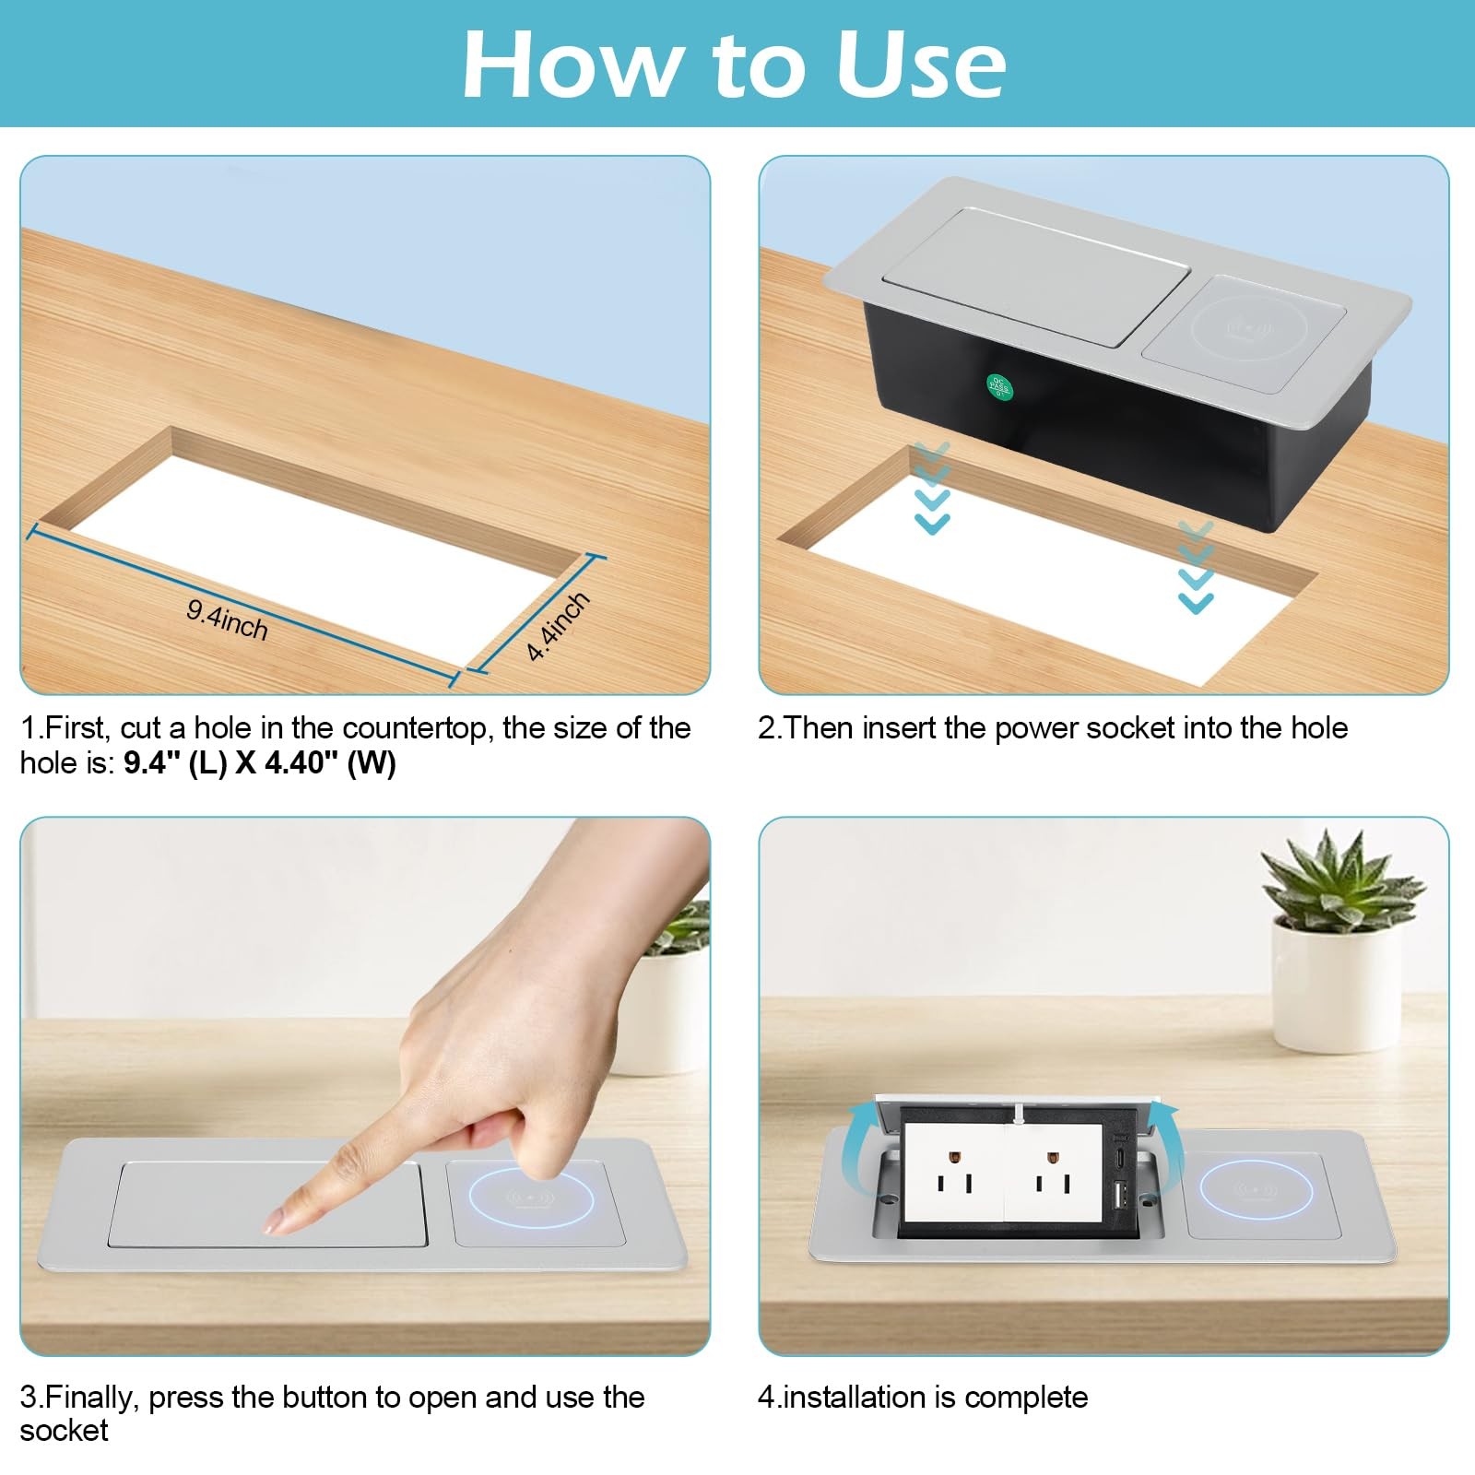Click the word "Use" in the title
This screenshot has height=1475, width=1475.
[x=919, y=64]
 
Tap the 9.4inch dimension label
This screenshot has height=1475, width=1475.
[x=227, y=620]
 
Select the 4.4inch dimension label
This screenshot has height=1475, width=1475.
[x=558, y=627]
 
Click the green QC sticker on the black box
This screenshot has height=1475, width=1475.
[x=999, y=387]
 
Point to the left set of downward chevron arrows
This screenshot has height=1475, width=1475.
[x=931, y=489]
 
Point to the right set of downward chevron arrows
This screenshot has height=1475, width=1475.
[x=1196, y=568]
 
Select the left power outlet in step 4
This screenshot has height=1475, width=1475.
[x=952, y=1171]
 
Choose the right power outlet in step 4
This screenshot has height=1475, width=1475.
[x=1054, y=1171]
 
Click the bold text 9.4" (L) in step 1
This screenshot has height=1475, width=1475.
[x=176, y=763]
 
